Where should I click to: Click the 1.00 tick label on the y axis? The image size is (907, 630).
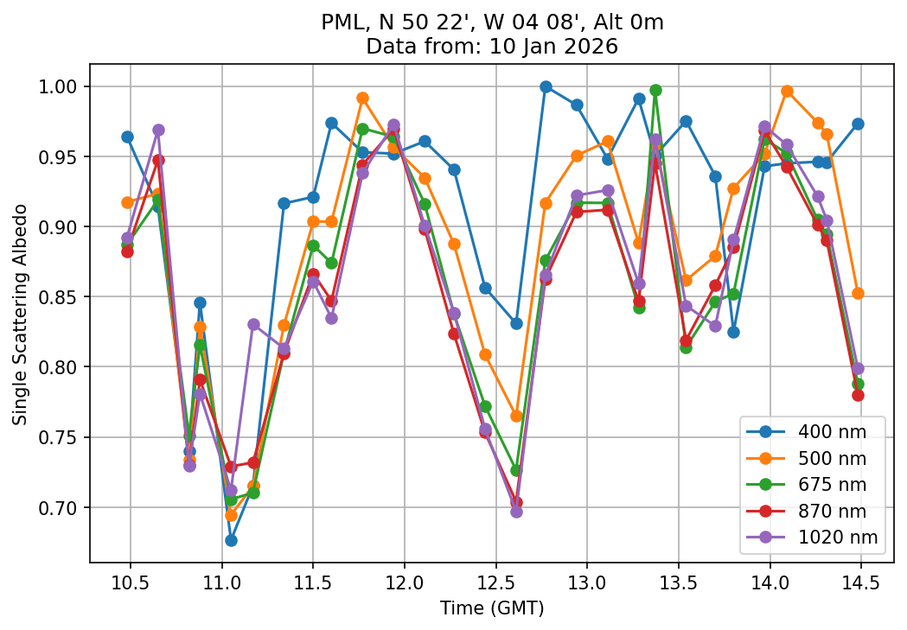62,86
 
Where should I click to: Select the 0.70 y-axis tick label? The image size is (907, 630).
62,507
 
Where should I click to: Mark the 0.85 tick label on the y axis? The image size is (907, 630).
62,297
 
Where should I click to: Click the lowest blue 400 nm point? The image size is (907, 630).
231,540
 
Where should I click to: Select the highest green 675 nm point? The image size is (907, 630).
655,90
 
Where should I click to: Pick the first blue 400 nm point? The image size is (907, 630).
127,137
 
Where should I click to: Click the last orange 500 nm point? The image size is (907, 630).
858,293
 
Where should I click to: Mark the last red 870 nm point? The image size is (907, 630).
858,395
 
